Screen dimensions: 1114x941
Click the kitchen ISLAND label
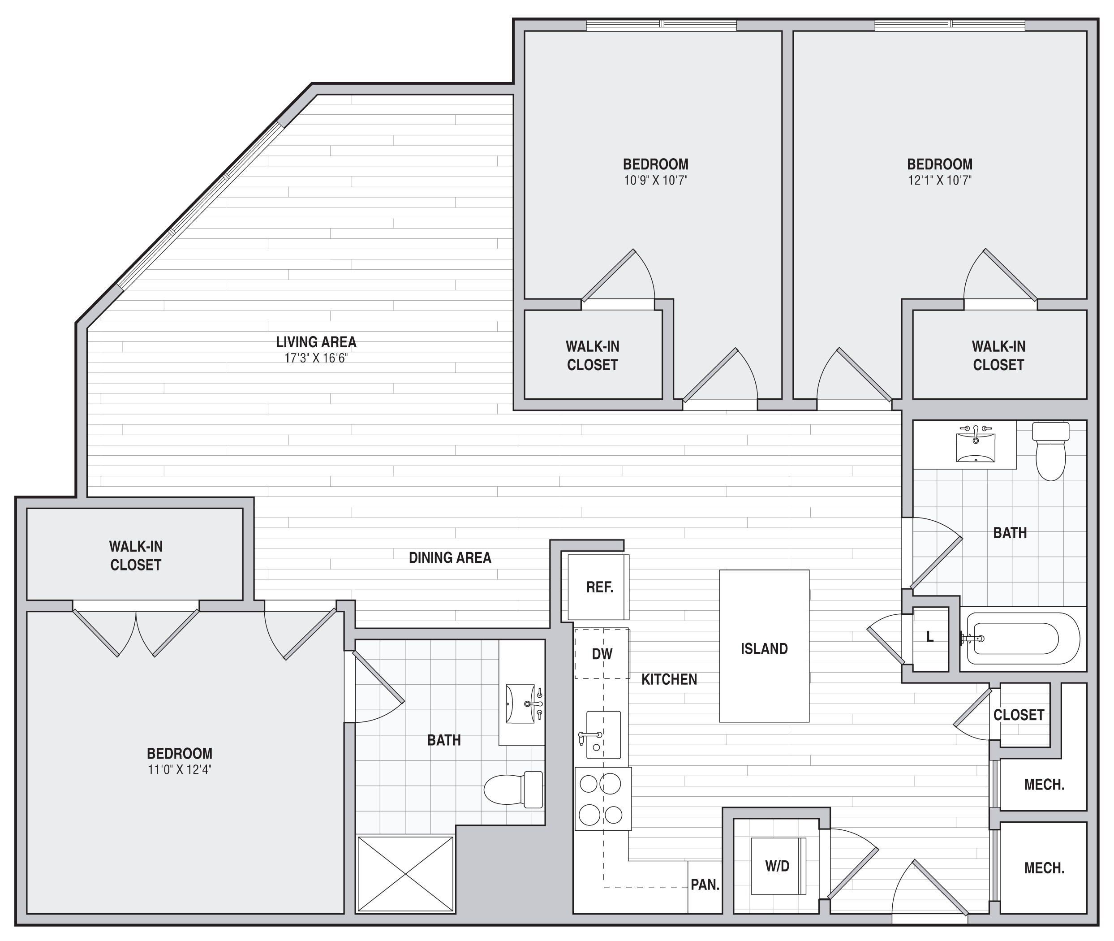tap(764, 649)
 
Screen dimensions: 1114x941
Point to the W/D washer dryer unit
tap(778, 866)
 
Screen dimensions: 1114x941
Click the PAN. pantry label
tap(705, 885)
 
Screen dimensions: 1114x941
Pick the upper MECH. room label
tap(1044, 785)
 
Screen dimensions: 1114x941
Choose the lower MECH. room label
tap(1044, 868)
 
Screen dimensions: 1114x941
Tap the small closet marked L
tap(930, 639)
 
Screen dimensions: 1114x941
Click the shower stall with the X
tap(405, 874)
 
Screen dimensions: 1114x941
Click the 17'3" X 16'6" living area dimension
tap(316, 358)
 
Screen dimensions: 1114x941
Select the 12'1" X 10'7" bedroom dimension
tap(940, 180)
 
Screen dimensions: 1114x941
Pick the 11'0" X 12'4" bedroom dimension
tap(180, 770)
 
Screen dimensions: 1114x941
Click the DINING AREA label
tap(450, 558)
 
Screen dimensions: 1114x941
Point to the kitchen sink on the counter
tap(603, 734)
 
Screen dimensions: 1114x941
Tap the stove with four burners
tap(603, 799)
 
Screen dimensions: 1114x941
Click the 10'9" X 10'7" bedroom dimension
tap(656, 180)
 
